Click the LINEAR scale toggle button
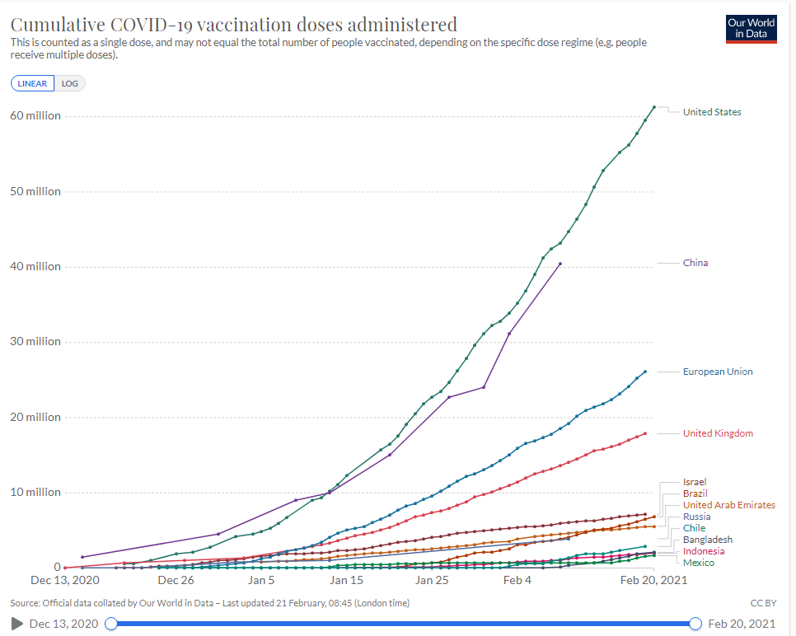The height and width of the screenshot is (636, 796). tap(32, 83)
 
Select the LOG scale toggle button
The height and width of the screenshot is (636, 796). tap(69, 83)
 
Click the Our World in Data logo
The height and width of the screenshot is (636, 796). tap(751, 28)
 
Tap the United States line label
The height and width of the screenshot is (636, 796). tap(712, 112)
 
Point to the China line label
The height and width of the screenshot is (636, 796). tap(695, 264)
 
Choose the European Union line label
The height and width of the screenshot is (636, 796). tap(718, 372)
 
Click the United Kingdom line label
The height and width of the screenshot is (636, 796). tap(718, 433)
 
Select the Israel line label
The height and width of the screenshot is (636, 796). tap(695, 482)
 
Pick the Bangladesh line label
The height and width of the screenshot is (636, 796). tap(707, 540)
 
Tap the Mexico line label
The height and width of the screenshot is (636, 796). tap(699, 563)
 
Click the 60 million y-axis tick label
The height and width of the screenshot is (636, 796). tap(35, 116)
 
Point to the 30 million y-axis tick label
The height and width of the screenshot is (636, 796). tap(35, 342)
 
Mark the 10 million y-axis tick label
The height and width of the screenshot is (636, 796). tap(35, 493)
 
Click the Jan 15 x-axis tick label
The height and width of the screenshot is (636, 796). tap(347, 580)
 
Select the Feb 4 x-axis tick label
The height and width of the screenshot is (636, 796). tap(517, 580)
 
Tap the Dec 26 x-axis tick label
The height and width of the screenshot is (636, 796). tap(176, 580)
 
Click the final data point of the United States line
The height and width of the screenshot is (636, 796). tap(653, 107)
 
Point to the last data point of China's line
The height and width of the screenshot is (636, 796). tap(560, 264)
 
